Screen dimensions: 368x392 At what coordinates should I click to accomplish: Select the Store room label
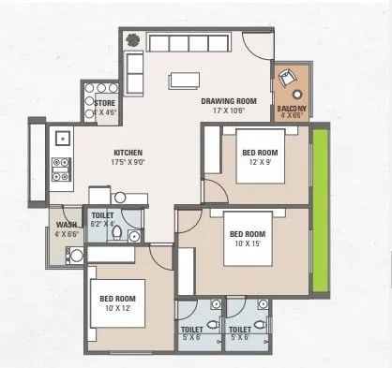click(x=104, y=102)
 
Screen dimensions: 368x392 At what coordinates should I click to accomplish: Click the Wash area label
click(x=65, y=225)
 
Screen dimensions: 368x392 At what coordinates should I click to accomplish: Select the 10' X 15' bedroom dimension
click(x=249, y=244)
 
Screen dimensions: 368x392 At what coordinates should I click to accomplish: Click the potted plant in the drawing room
click(x=134, y=40)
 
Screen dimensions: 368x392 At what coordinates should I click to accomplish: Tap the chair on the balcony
click(x=286, y=81)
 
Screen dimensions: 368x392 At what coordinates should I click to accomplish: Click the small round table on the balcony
click(x=296, y=94)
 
